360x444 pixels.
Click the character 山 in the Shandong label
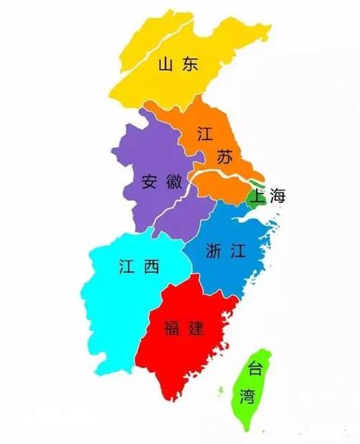tap(167, 64)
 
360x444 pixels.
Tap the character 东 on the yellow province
tap(189, 64)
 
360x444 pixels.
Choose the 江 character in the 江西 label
tap(127, 266)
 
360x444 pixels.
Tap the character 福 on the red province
tap(173, 328)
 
